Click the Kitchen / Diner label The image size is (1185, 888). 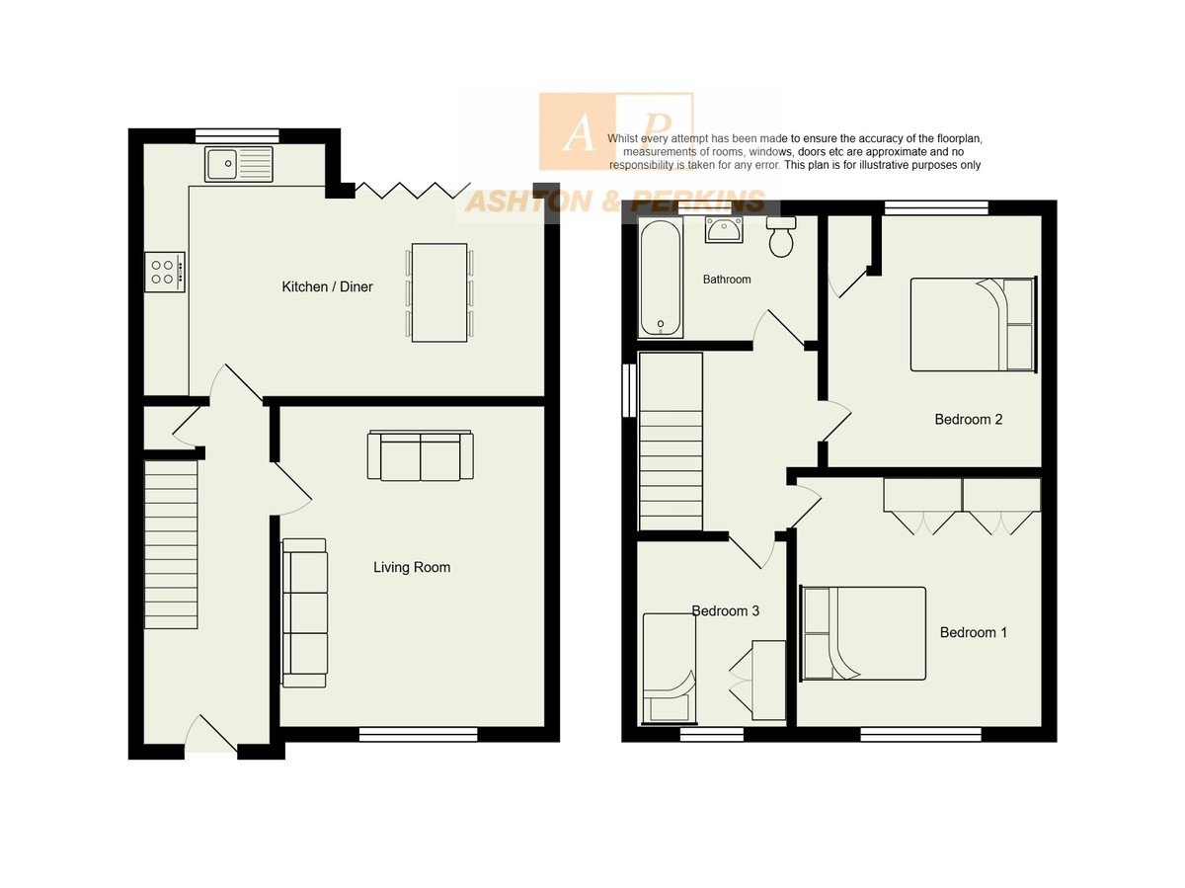327,286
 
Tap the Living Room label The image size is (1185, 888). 412,567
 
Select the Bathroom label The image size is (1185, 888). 726,280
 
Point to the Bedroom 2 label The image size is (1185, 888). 968,419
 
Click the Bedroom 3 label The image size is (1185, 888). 725,610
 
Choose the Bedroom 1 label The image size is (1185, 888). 973,632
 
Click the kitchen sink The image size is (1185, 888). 238,164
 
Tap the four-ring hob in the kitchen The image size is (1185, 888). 165,272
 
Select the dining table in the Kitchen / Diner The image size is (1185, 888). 438,292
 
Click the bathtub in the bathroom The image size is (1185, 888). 660,278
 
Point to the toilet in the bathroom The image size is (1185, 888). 781,236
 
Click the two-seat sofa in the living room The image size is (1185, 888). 420,455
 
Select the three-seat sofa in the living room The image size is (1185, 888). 304,612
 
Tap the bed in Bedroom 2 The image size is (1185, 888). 974,324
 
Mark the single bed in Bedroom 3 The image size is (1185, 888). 669,668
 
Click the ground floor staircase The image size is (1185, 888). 171,544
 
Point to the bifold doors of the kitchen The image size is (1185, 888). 413,190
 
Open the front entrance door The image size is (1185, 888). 210,735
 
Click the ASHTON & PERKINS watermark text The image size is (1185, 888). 615,202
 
